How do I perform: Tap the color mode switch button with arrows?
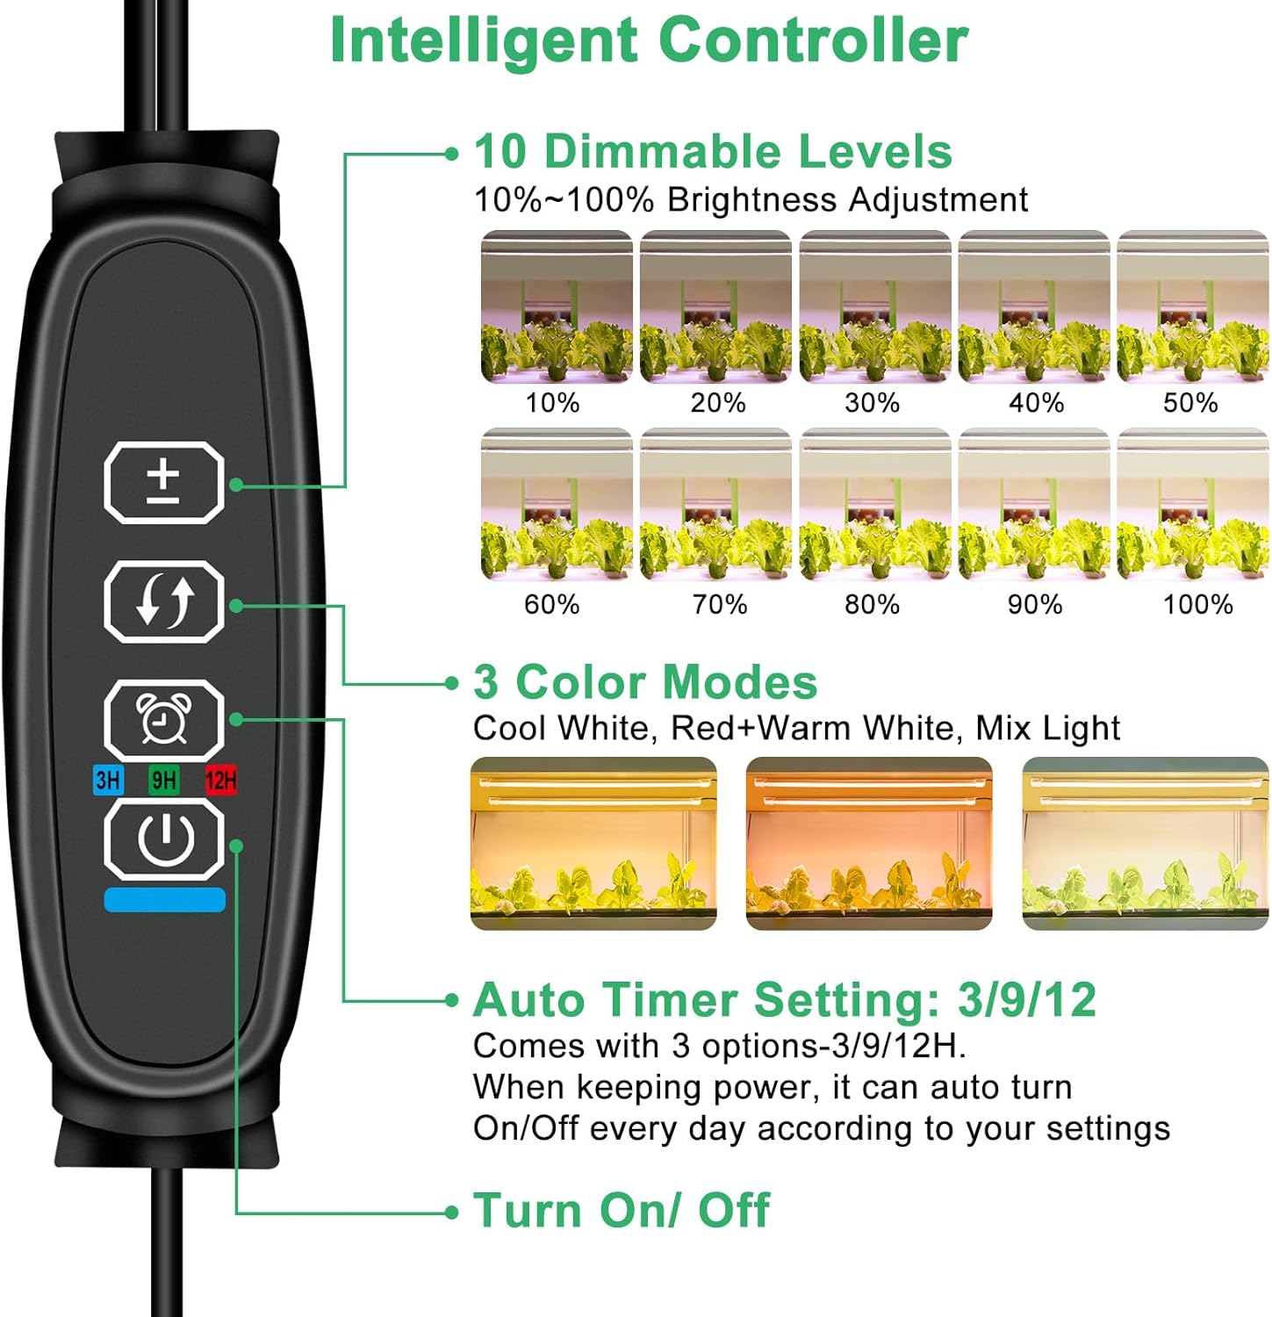164,601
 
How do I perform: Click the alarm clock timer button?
164,720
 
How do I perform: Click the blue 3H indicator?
108,780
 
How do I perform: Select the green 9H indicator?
164,780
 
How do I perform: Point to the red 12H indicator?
220,780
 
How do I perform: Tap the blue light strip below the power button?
165,900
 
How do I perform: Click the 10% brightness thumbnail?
557,306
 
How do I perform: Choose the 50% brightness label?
1190,403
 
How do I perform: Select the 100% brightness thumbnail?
1193,504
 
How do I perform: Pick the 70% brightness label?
720,605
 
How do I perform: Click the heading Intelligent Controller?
649,41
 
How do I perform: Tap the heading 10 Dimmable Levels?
713,151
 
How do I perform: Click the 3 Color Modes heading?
645,682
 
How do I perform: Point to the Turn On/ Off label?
622,1211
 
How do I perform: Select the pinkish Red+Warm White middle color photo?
869,844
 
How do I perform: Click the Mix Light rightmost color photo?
1146,844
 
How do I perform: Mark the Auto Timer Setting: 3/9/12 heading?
785,1000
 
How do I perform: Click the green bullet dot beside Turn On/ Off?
452,1213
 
